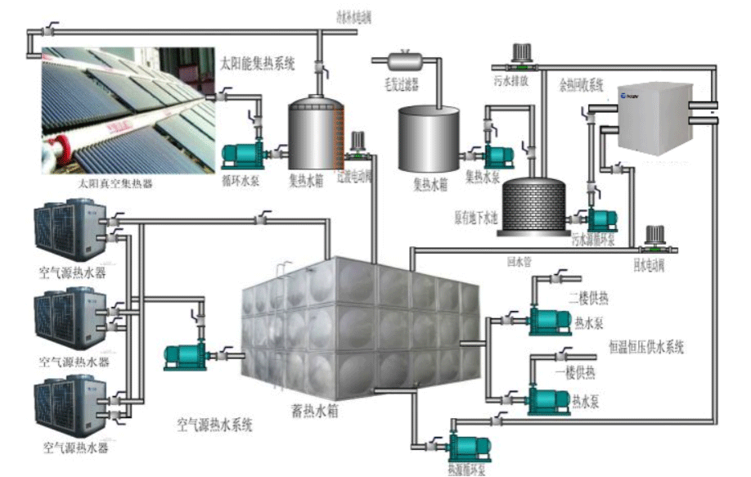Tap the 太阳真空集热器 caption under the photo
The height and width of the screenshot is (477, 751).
coord(115,184)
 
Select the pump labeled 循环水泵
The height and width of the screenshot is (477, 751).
coord(244,154)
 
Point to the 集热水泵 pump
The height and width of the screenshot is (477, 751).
coord(496,155)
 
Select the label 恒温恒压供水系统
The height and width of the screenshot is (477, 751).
coord(646,348)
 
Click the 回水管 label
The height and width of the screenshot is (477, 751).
coord(519,263)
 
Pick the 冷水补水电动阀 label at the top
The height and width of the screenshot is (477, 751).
coord(354,16)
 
